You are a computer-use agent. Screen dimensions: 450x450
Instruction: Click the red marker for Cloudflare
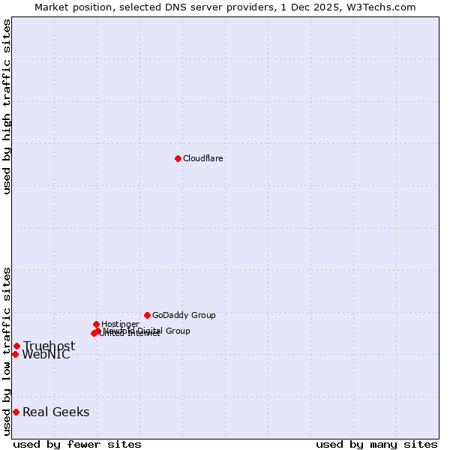click(x=178, y=158)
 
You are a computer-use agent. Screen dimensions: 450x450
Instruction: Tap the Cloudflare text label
click(x=203, y=158)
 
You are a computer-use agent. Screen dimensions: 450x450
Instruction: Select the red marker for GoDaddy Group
click(x=147, y=315)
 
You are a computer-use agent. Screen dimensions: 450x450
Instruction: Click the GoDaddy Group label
click(x=184, y=315)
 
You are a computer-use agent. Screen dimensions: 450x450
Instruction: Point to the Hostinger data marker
click(x=96, y=324)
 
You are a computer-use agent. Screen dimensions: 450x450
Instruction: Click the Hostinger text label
click(x=120, y=324)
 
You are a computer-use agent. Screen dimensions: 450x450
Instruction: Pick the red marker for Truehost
click(x=16, y=346)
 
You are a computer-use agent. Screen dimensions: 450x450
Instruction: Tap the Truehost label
click(x=49, y=346)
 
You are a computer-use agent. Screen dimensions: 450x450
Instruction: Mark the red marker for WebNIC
click(x=15, y=354)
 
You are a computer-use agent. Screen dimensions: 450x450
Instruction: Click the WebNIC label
click(x=46, y=355)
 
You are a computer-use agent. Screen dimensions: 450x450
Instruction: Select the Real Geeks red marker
click(x=16, y=412)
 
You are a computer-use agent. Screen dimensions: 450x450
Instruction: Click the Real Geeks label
click(x=55, y=412)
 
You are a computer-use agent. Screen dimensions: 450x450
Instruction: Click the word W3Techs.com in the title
click(x=385, y=7)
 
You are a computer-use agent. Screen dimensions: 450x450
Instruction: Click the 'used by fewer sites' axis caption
click(x=77, y=444)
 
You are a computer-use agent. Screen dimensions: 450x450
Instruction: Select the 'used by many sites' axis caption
click(x=376, y=444)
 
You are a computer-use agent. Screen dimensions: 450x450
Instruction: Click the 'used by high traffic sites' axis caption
click(x=7, y=106)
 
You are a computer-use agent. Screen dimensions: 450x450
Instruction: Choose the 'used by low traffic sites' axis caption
click(x=7, y=351)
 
